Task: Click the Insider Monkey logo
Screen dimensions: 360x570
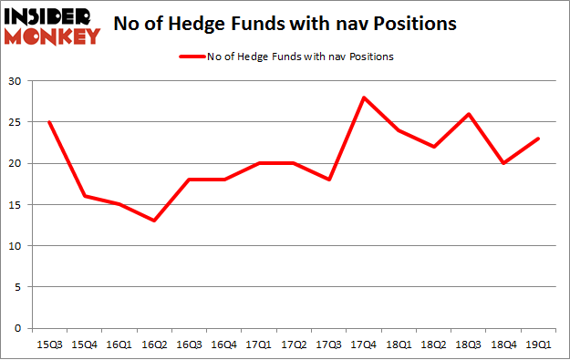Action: [x=52, y=26]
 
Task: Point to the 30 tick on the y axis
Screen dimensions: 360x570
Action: [x=16, y=81]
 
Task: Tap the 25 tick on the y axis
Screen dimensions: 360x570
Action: [x=16, y=122]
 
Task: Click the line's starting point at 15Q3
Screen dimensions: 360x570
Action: [x=49, y=122]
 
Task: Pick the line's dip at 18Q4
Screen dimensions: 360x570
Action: [x=503, y=163]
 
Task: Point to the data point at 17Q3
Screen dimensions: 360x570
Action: [x=328, y=180]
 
